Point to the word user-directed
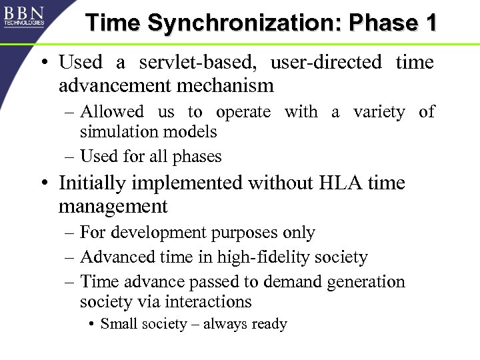[x=326, y=63]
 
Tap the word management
[x=113, y=206]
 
